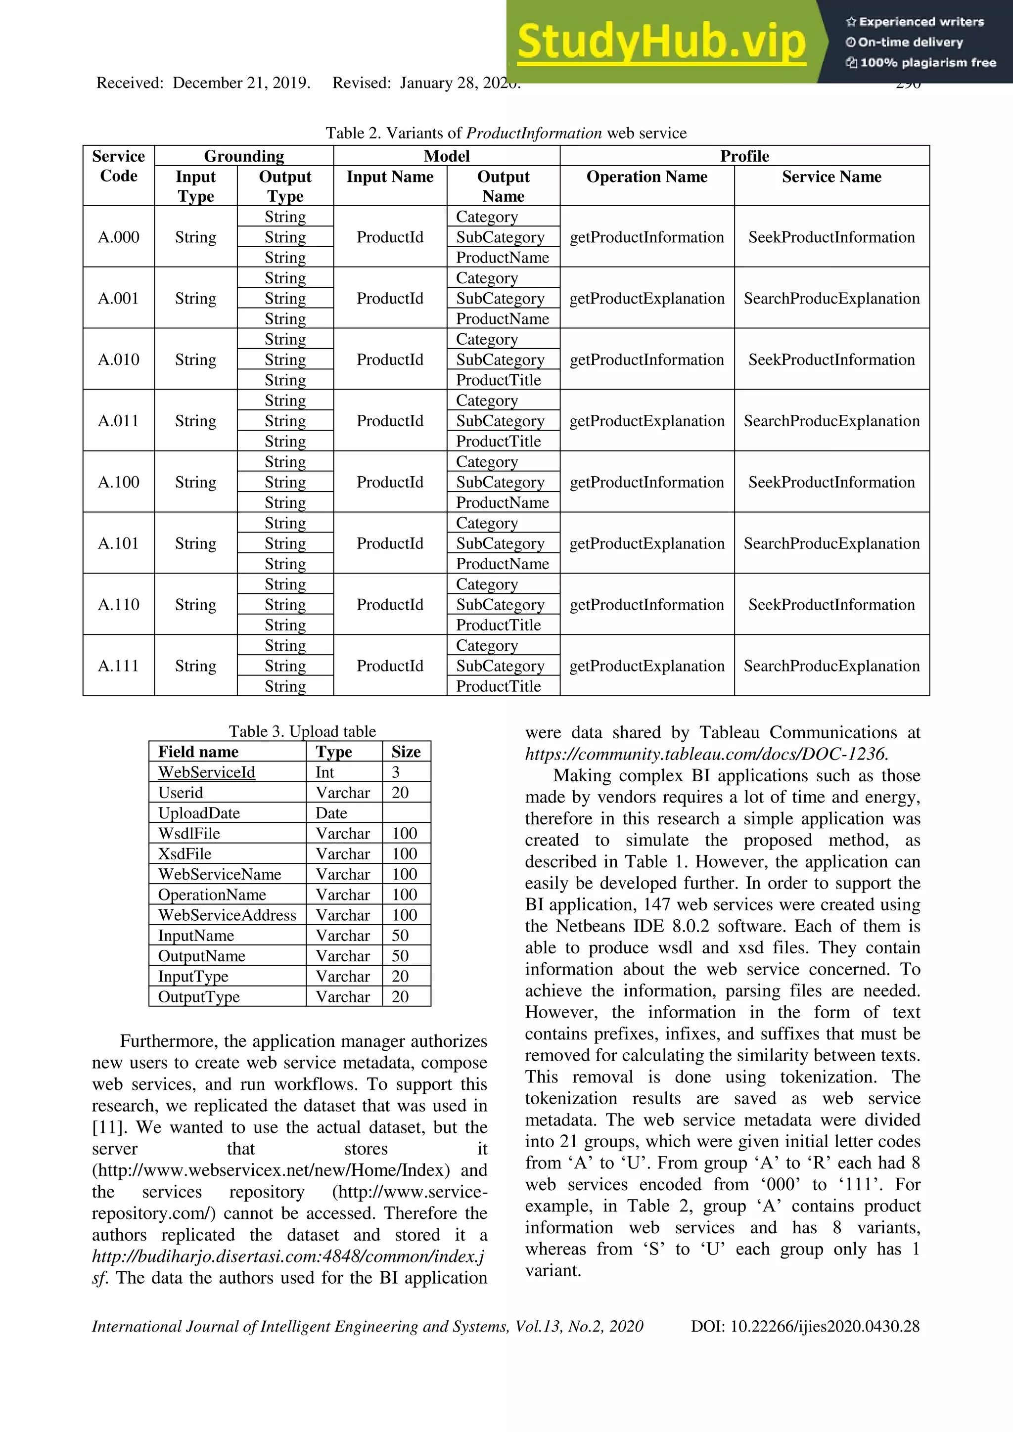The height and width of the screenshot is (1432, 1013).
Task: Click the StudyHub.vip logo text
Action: (x=661, y=43)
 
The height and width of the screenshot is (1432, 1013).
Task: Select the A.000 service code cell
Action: (x=119, y=237)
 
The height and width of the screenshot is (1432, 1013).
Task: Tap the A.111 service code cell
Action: (x=119, y=666)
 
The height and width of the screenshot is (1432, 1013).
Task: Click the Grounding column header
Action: (x=244, y=156)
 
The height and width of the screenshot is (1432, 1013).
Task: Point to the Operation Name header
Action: (x=647, y=177)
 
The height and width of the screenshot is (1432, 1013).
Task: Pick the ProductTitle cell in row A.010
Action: (x=499, y=380)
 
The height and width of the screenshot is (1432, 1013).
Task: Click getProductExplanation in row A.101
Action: (x=647, y=543)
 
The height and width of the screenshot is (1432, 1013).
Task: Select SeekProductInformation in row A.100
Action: (x=831, y=482)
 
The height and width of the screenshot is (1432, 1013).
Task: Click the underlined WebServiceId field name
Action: (x=206, y=772)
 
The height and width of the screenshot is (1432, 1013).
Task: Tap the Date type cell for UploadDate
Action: (x=331, y=813)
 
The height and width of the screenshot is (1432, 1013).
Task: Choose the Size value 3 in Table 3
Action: (x=396, y=772)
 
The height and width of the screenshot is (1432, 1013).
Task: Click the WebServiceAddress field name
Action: (x=227, y=915)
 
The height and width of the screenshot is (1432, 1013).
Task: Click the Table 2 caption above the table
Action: (x=506, y=133)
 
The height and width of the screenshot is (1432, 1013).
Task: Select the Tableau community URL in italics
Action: (x=706, y=754)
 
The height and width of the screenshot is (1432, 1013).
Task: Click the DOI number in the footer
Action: (x=825, y=1326)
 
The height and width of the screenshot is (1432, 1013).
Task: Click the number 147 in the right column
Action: (x=659, y=904)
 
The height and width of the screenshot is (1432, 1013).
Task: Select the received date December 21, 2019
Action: (x=241, y=83)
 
